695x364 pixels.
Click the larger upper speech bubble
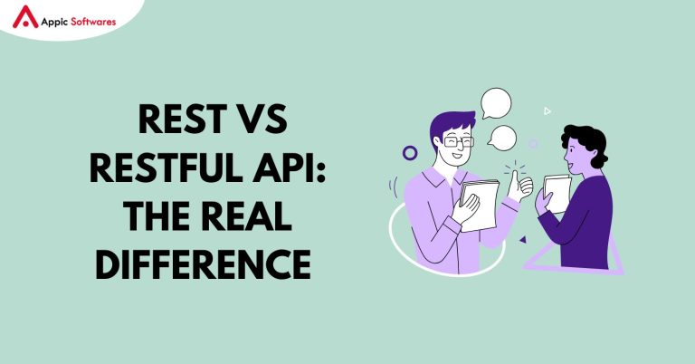pyautogui.click(x=496, y=102)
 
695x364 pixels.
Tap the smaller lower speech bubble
pyautogui.click(x=502, y=138)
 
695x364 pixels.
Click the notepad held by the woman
pyautogui.click(x=557, y=191)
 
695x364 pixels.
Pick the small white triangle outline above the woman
pyautogui.click(x=547, y=111)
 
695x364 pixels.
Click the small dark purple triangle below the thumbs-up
pyautogui.click(x=522, y=239)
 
